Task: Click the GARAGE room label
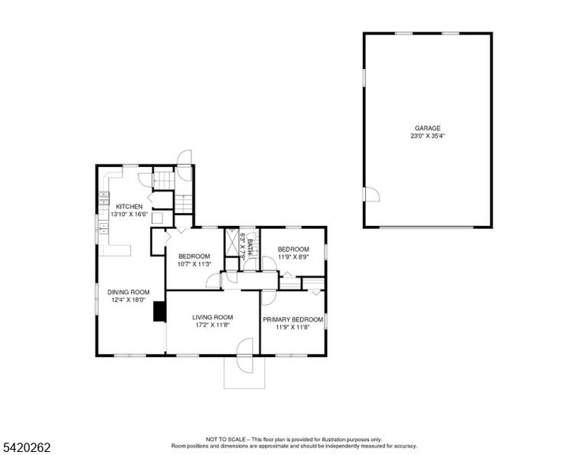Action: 427,128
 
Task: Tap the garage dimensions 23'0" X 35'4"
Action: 427,136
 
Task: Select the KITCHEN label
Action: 129,207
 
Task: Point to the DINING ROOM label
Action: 129,292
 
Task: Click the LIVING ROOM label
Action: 213,317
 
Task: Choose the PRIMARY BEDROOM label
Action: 293,319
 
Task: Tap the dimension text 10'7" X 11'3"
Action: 194,264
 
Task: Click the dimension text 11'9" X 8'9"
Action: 293,257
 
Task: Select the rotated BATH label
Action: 250,247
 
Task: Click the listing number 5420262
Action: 27,447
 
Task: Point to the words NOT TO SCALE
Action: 226,439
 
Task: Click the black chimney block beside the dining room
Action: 160,311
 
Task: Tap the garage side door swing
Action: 371,195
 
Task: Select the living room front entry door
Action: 246,355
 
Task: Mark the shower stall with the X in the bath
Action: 232,242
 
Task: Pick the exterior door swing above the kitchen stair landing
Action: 185,165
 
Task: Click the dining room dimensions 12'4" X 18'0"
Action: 129,300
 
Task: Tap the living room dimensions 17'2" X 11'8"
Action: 212,325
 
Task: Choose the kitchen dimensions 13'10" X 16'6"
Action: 129,214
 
